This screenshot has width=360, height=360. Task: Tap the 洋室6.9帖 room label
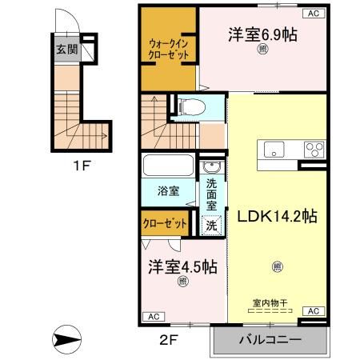point(262,35)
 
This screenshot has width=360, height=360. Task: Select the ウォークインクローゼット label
point(168,49)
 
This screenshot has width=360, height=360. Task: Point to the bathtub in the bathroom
point(167,167)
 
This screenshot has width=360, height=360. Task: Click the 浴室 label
point(168,192)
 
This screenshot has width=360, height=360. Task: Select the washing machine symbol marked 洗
point(211,226)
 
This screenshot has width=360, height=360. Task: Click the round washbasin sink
point(211,167)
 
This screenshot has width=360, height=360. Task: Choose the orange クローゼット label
point(165,224)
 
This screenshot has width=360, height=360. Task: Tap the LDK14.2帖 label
point(277,216)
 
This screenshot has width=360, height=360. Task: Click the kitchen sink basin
point(274,149)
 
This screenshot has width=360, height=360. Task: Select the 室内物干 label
point(270,302)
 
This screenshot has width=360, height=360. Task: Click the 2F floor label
point(166,338)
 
